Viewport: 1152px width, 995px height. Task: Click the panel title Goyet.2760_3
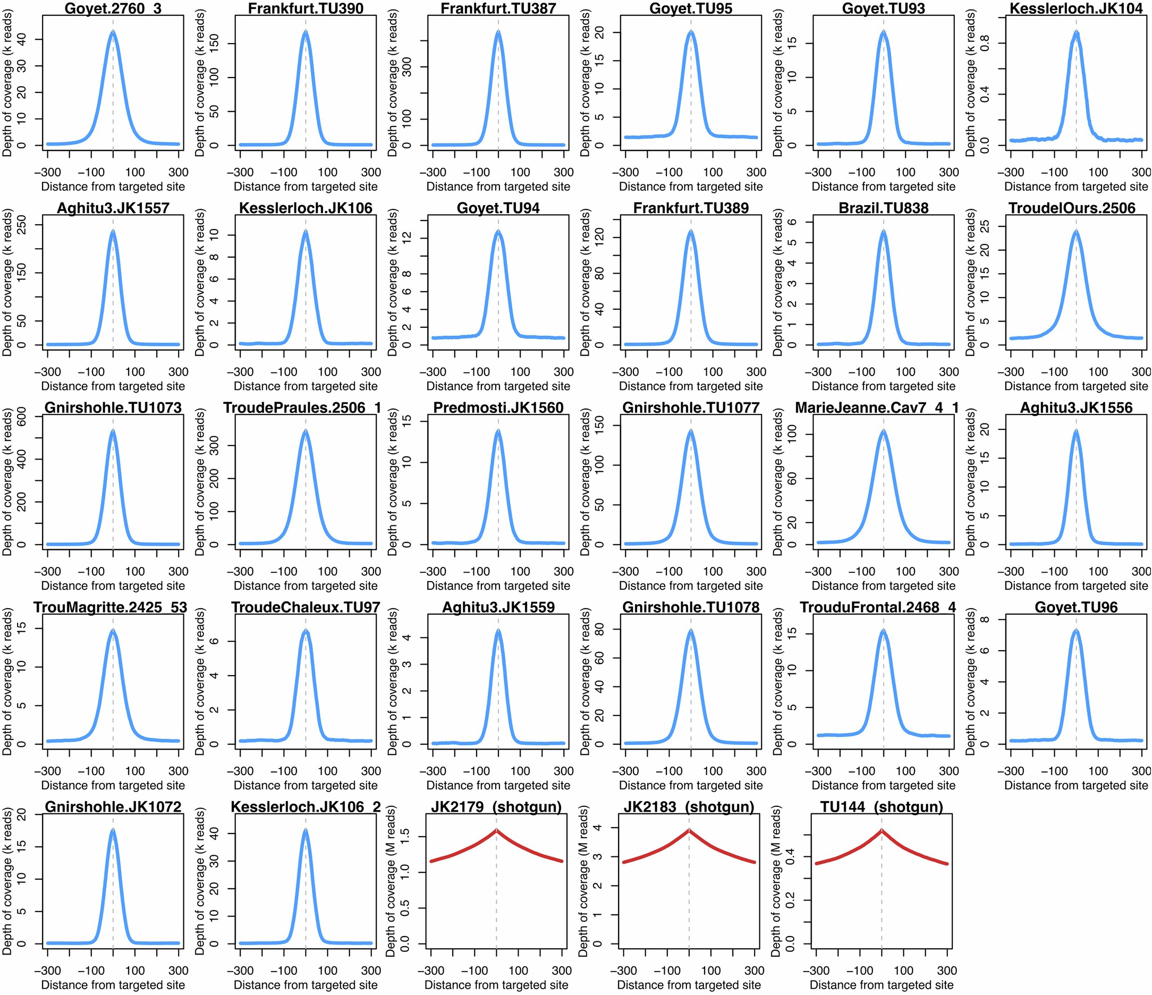113,8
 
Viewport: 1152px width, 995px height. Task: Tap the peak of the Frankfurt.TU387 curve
498,32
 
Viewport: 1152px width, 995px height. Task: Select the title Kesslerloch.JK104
1076,8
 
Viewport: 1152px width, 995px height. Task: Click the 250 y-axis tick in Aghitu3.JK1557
22,225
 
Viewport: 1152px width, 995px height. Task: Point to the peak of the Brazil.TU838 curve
884,232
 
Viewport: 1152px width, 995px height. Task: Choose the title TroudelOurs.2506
1076,208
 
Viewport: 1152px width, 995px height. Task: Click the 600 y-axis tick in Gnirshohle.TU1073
22,416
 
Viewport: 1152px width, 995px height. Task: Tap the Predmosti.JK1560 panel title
498,407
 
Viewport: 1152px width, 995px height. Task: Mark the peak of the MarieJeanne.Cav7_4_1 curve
884,431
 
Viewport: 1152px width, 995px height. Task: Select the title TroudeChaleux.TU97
305,607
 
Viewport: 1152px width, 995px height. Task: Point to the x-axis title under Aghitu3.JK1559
498,785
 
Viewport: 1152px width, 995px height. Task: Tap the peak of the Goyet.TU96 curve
1076,631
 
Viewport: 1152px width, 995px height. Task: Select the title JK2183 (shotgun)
689,806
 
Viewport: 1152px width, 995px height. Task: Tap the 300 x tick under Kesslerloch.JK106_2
371,970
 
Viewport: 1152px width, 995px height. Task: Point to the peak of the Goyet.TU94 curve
498,232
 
